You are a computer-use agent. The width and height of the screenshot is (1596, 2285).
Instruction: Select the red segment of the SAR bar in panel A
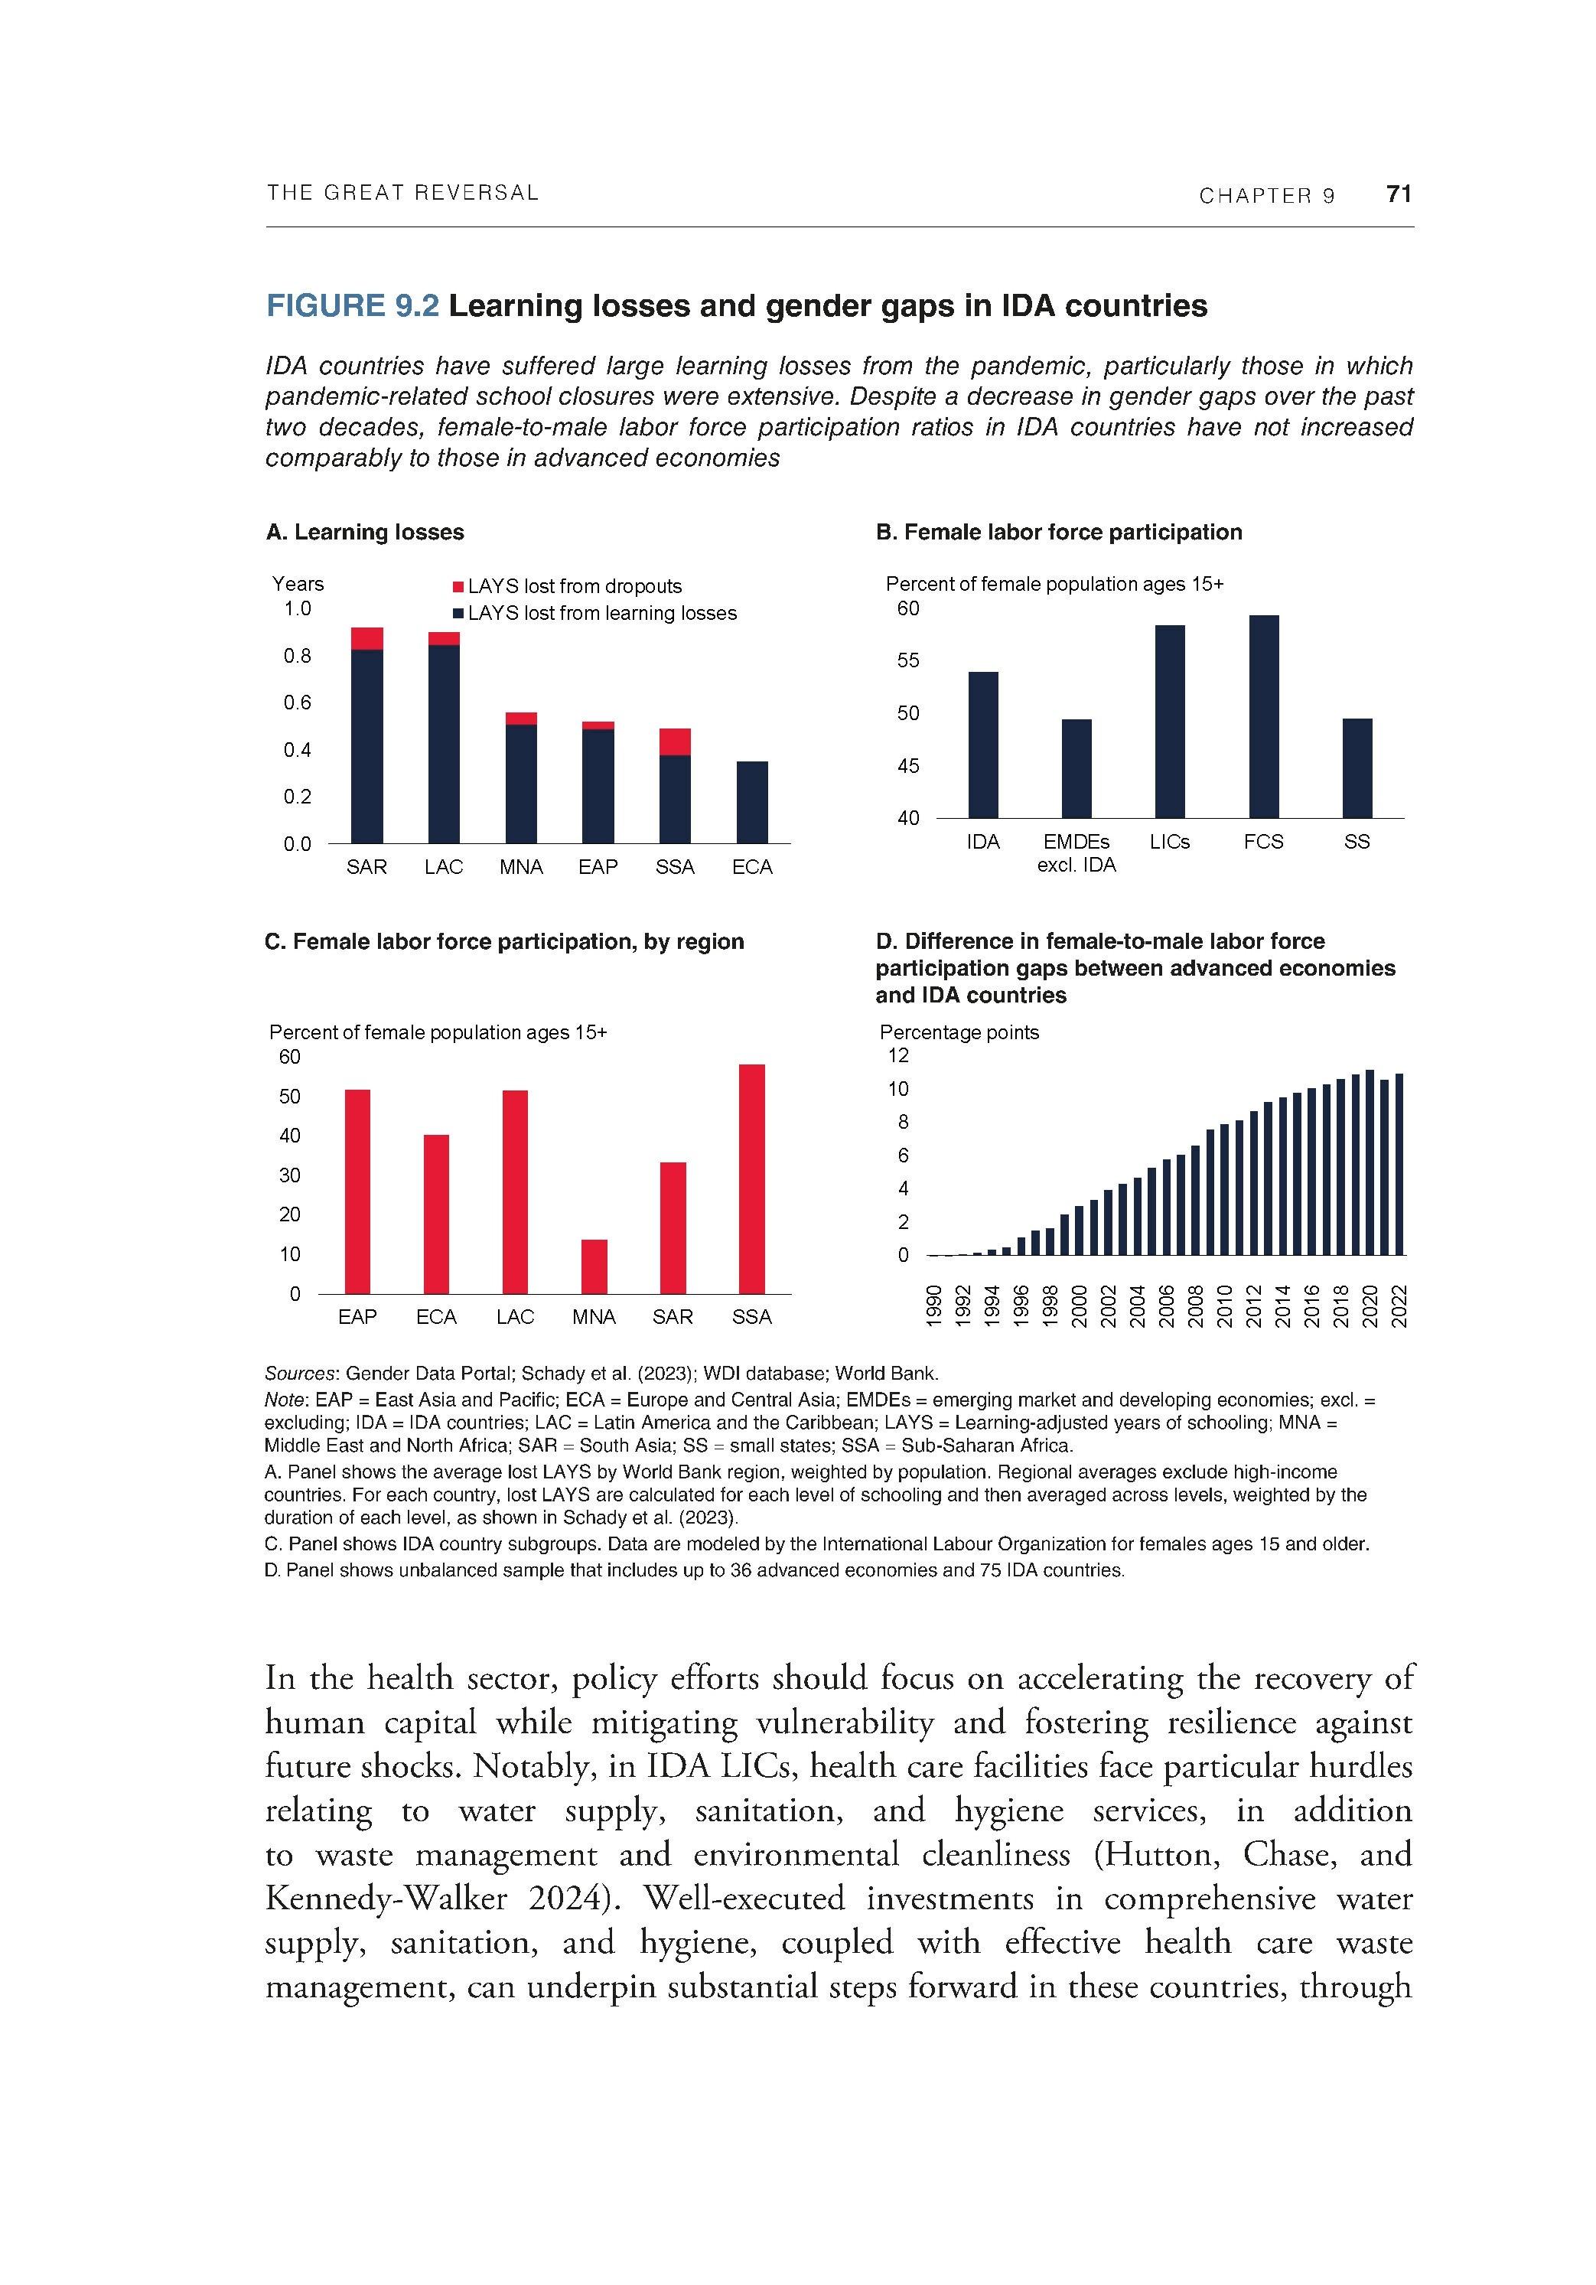[367, 638]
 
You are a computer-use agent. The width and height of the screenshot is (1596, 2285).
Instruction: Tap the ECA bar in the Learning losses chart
[751, 802]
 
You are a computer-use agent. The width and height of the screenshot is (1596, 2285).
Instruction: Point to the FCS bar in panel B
[1264, 716]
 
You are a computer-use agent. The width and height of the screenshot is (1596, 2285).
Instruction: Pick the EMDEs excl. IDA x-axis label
[1076, 853]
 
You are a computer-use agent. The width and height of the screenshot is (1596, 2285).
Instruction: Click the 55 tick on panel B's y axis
[907, 661]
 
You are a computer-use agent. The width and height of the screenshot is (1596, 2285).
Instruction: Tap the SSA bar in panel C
[751, 1178]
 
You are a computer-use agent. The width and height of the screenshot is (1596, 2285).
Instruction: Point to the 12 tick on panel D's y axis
[897, 1055]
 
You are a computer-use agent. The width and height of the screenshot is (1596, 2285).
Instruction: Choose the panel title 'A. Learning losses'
[364, 533]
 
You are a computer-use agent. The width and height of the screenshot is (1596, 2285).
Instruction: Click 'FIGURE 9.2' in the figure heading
[351, 305]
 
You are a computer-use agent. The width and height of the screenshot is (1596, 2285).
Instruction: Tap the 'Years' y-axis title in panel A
[298, 584]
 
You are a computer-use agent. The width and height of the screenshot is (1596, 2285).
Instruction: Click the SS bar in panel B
[1357, 768]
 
